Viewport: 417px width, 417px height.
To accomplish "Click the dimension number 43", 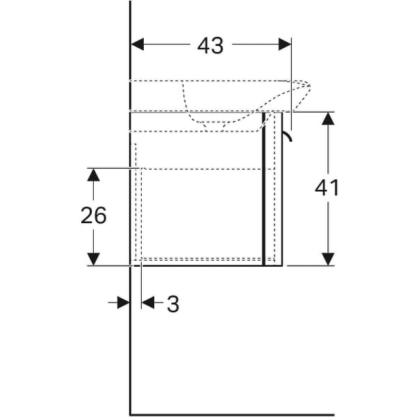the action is click(210, 45).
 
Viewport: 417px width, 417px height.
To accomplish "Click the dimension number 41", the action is click(327, 188).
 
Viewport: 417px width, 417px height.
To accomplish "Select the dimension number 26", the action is click(94, 215).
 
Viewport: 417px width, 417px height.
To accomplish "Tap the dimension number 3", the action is click(173, 304).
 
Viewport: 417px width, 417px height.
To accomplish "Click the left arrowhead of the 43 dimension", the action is click(138, 44).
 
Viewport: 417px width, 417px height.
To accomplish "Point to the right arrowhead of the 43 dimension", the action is click(285, 44).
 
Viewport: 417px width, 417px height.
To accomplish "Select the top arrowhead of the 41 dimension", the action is click(328, 119).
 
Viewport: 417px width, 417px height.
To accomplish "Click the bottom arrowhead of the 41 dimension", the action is click(328, 259).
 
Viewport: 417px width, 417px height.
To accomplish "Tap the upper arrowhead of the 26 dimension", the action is click(94, 174).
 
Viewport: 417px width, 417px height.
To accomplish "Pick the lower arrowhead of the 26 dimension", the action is click(94, 259).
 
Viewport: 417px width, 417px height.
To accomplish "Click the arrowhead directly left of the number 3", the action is click(148, 302).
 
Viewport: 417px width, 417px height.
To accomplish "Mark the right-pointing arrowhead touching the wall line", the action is click(124, 302).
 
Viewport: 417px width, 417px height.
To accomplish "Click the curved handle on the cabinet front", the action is click(288, 136).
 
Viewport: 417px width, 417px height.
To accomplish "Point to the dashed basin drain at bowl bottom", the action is click(215, 126).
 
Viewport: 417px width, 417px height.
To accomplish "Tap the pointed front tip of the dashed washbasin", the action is click(309, 85).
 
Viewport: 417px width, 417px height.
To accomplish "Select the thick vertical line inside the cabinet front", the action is click(264, 189).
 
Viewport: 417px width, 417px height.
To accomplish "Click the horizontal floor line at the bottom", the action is click(232, 414).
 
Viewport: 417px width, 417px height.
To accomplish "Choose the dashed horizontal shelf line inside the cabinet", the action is click(208, 169).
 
